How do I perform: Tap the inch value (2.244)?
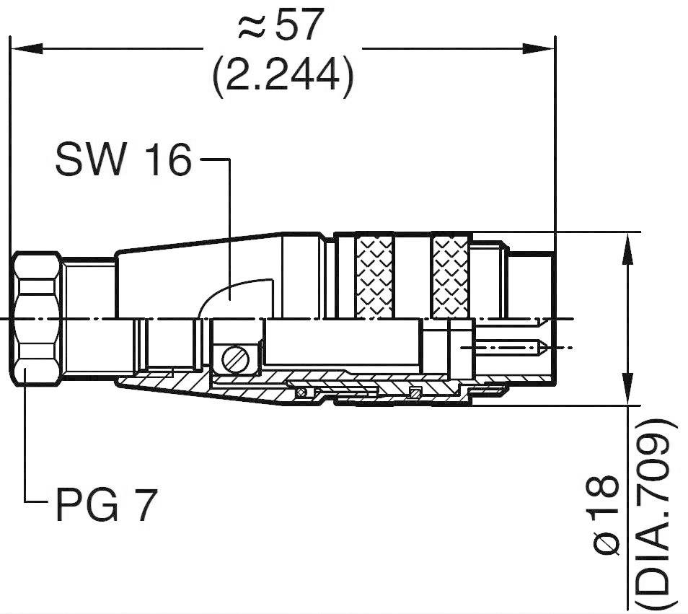(x=283, y=74)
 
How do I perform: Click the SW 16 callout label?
(x=123, y=160)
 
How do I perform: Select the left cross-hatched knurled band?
(x=375, y=276)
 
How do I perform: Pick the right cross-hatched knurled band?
(x=451, y=276)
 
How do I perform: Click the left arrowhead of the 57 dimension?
(x=22, y=48)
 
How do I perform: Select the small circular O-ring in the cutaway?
(x=301, y=392)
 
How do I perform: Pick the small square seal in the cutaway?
(x=414, y=392)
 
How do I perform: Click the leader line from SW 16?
(x=229, y=216)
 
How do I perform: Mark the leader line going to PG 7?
(x=25, y=447)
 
